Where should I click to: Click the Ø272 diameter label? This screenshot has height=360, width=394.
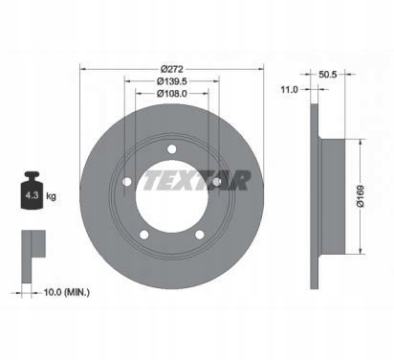tap(171, 69)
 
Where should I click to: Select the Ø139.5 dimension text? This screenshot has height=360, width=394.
tap(171, 81)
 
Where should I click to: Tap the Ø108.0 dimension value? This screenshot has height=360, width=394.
tap(171, 94)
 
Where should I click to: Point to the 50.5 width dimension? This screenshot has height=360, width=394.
tap(328, 75)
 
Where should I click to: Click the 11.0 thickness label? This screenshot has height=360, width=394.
tap(289, 90)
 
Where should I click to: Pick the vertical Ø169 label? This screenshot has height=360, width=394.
tap(361, 196)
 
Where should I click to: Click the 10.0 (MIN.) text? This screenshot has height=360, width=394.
tap(66, 292)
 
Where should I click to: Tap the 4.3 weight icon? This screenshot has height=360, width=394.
tap(32, 191)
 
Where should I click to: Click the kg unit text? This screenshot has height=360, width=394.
tap(51, 196)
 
